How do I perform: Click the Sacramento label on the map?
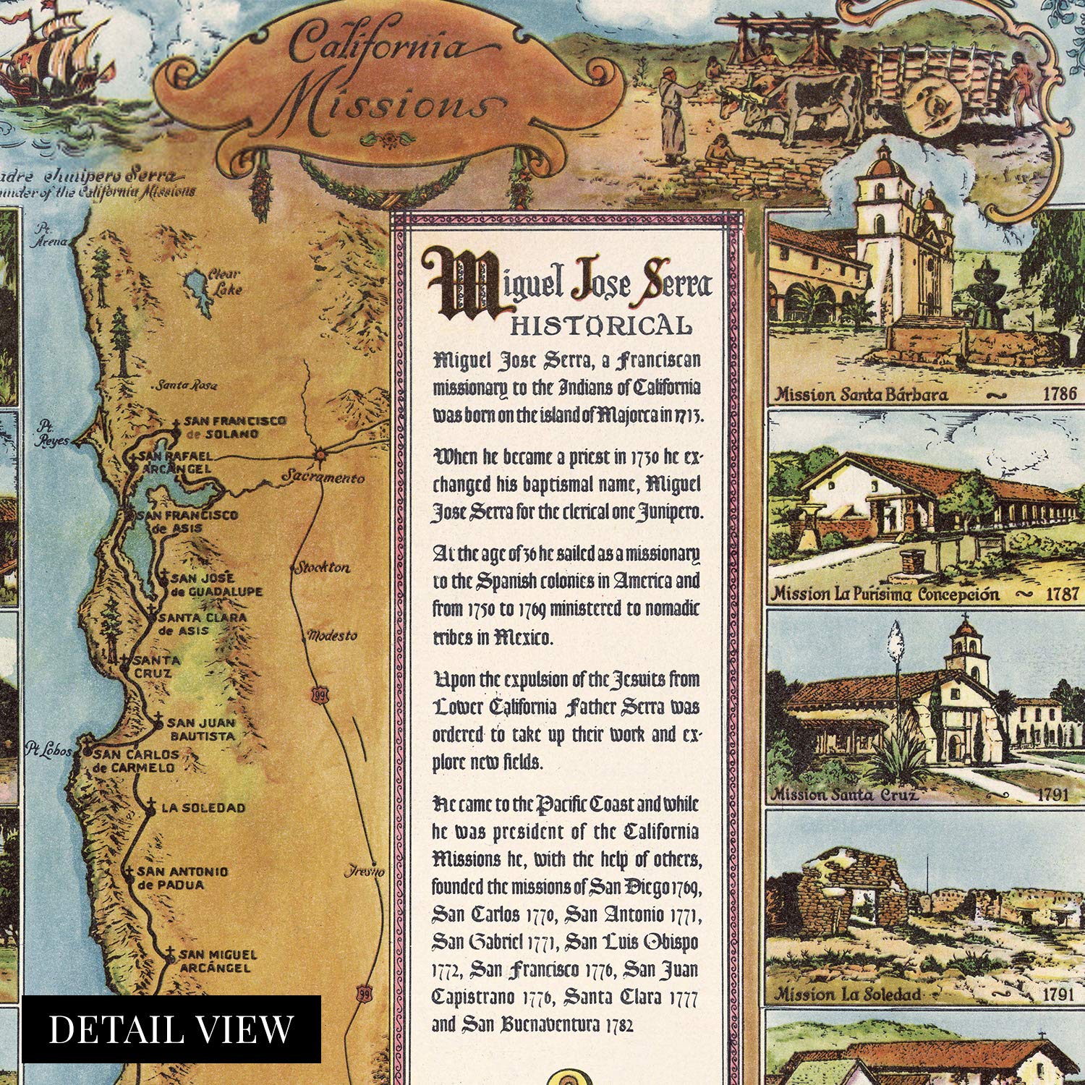pyautogui.click(x=323, y=477)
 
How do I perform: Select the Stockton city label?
pyautogui.click(x=322, y=568)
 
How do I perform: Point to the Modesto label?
pyautogui.click(x=332, y=636)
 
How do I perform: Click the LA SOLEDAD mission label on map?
pyautogui.click(x=203, y=808)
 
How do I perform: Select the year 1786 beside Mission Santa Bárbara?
pyautogui.click(x=1059, y=395)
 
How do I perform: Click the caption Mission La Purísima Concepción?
pyautogui.click(x=885, y=595)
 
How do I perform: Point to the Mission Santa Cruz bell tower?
pyautogui.click(x=966, y=647)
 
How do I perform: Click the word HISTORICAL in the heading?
pyautogui.click(x=600, y=325)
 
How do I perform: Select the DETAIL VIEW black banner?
pyautogui.click(x=171, y=1029)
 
